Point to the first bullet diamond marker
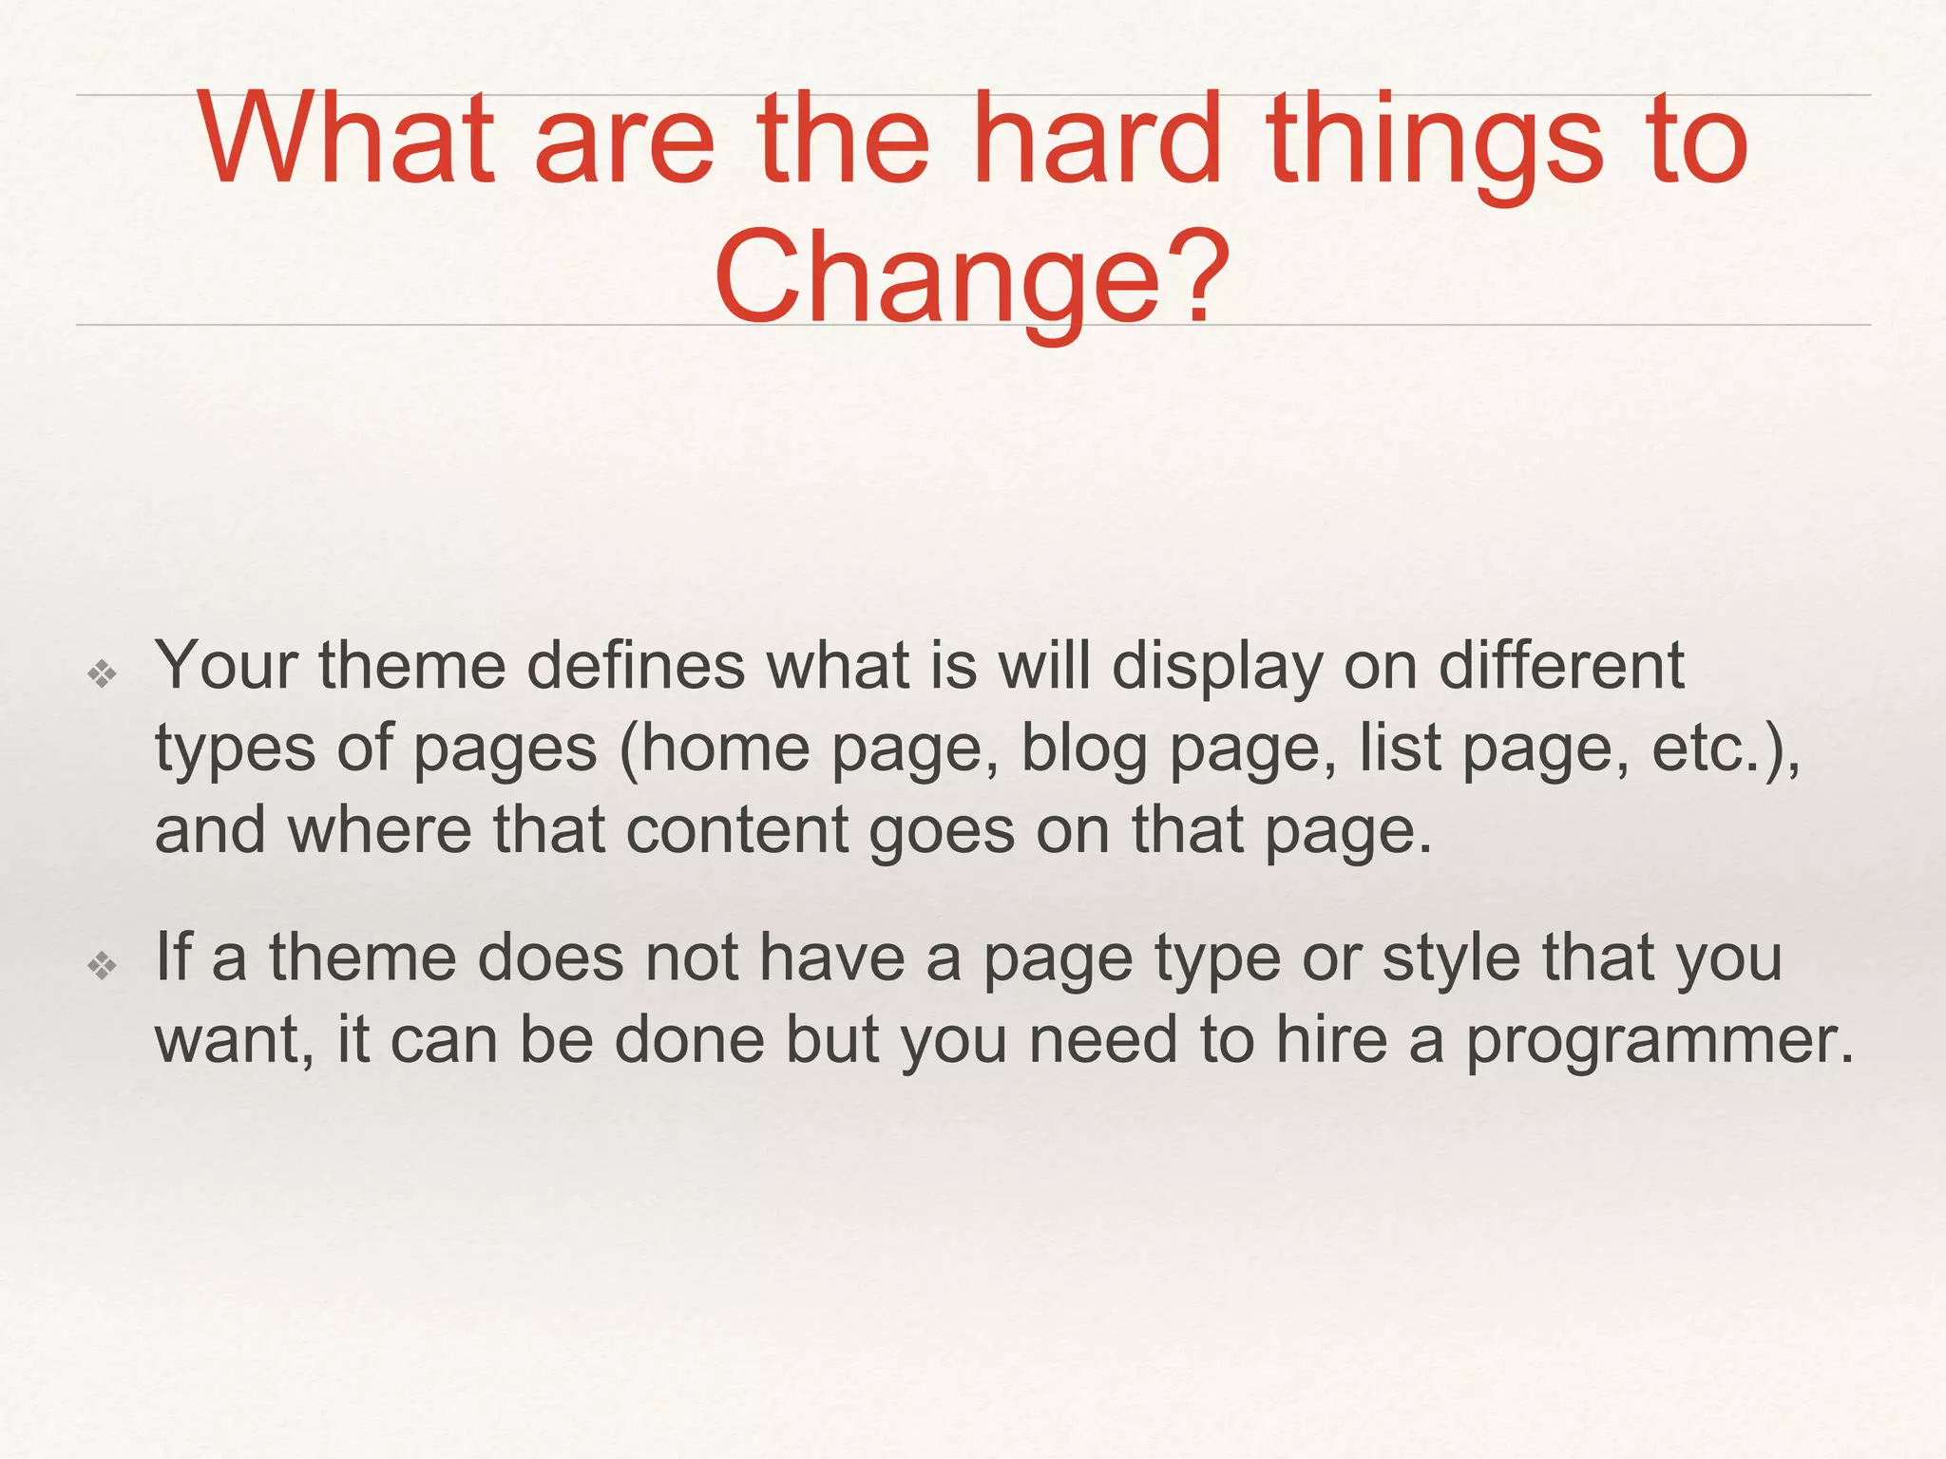tap(102, 674)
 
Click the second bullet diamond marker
tap(102, 966)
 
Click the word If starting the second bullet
tap(173, 957)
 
